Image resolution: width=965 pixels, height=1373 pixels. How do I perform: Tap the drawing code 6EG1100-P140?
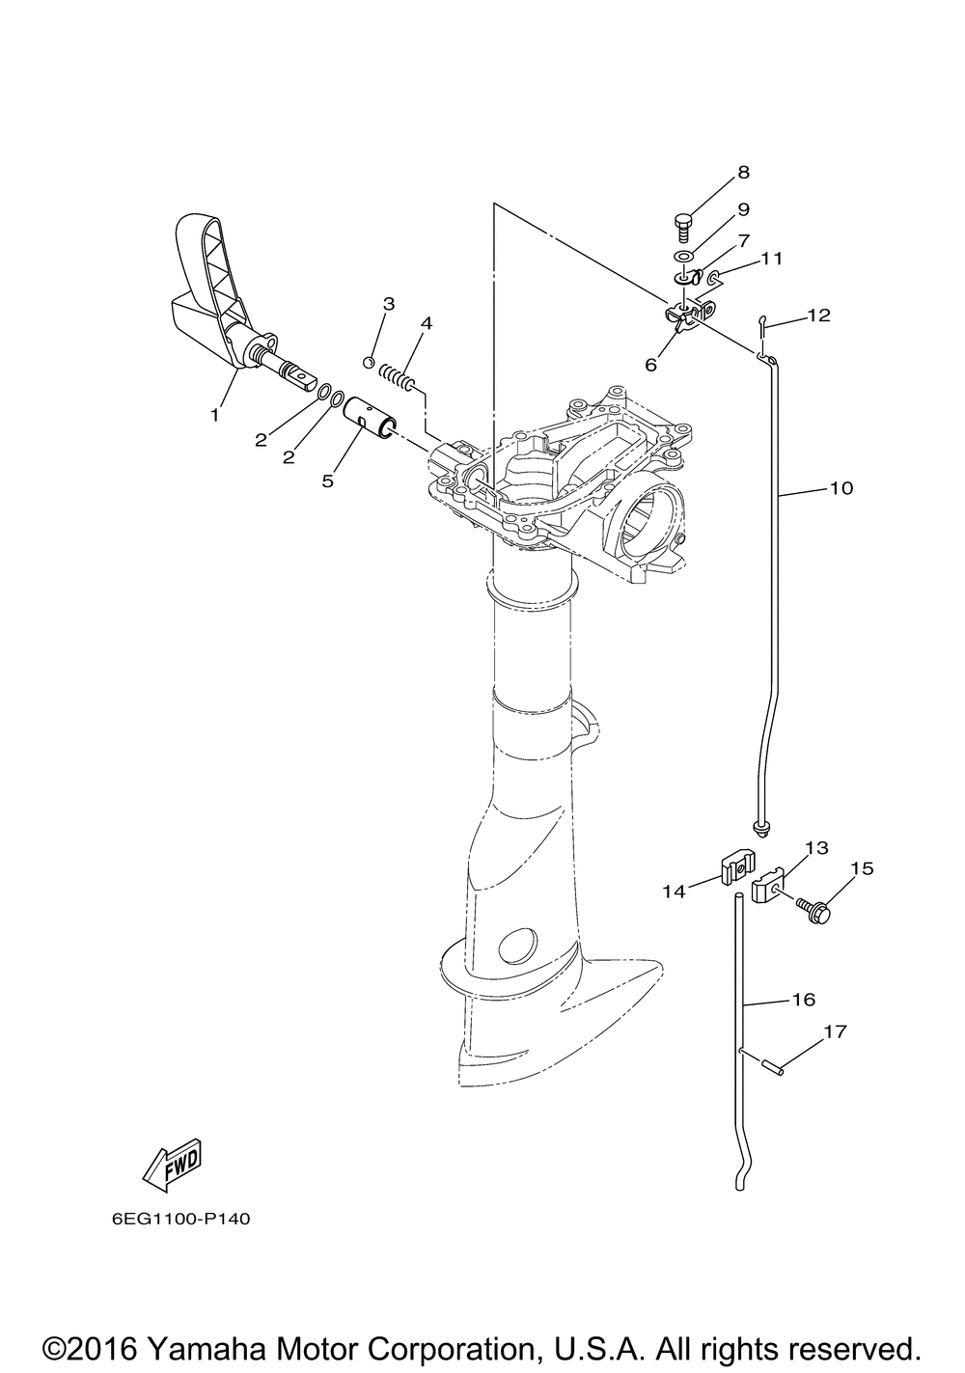[x=180, y=1219]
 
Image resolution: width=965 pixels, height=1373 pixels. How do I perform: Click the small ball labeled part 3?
[x=368, y=362]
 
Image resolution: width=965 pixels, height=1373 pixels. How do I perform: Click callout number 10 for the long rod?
[x=841, y=488]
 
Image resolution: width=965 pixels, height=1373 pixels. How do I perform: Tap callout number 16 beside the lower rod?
[x=803, y=1000]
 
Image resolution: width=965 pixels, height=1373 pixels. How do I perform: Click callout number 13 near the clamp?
[x=816, y=848]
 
